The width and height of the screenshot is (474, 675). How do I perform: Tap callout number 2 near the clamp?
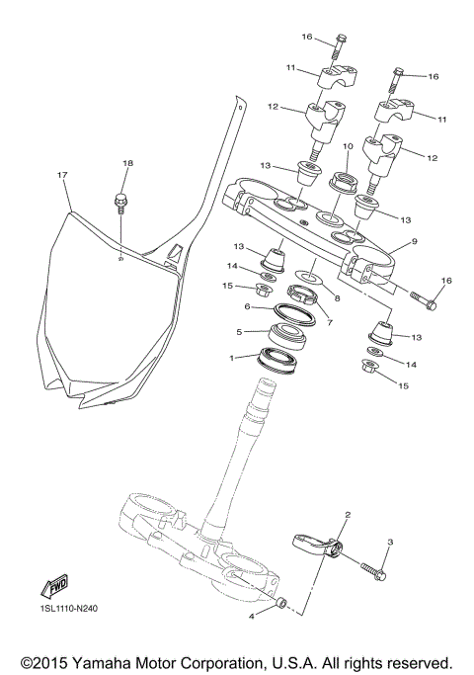[x=348, y=515]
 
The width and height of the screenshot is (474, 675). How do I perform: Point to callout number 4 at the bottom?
[x=253, y=616]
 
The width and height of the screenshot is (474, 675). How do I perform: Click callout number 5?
[x=239, y=331]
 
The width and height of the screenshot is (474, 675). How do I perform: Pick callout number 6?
[x=248, y=307]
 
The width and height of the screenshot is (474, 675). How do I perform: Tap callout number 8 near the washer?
[x=337, y=297]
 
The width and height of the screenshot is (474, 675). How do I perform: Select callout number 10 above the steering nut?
[x=348, y=147]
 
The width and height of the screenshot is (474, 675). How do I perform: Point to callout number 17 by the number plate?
[x=62, y=175]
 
